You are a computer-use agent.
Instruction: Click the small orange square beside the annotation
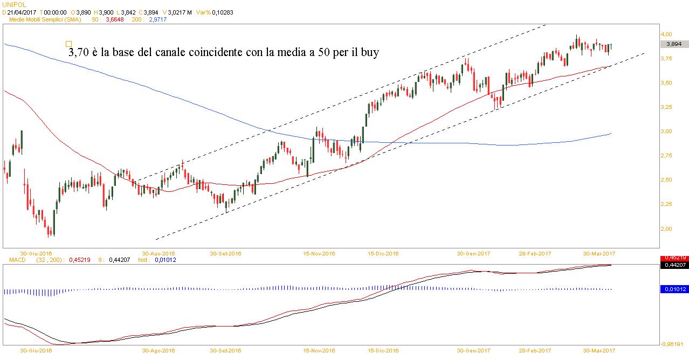[68, 44]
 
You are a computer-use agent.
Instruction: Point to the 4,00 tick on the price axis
[666, 34]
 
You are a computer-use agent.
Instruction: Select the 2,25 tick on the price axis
[666, 204]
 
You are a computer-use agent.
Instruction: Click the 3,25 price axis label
[666, 107]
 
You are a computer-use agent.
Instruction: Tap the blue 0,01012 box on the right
[673, 289]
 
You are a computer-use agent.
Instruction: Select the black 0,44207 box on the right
[673, 265]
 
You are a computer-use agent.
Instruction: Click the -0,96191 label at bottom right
[674, 344]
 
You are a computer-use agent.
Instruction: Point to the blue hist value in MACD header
[164, 260]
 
